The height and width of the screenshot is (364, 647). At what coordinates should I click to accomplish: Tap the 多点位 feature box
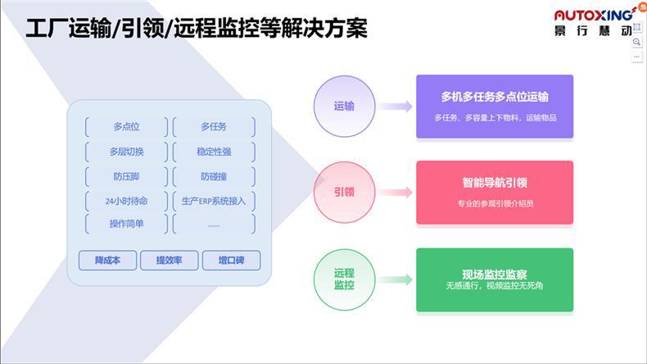126,127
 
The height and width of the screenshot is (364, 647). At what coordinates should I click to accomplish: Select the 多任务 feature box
214,127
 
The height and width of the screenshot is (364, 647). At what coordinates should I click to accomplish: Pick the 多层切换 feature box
126,152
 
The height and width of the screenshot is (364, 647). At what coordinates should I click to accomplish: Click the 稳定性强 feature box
214,152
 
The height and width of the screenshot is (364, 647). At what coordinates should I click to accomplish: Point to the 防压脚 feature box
126,176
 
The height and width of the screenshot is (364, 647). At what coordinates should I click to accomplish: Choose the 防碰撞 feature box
214,176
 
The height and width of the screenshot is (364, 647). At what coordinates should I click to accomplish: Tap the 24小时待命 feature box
126,200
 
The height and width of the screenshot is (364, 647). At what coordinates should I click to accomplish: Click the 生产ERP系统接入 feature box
214,200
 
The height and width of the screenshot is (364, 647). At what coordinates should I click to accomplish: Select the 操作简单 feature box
126,224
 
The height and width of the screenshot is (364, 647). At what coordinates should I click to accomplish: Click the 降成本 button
107,261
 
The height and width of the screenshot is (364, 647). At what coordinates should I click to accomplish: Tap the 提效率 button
170,261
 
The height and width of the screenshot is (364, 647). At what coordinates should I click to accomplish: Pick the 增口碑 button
231,261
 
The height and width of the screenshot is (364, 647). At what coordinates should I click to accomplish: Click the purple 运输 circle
344,106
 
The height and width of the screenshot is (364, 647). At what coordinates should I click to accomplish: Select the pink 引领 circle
344,192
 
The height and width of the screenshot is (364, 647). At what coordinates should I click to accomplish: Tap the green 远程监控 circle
344,279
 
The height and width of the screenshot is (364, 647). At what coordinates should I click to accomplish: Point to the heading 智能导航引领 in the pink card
495,184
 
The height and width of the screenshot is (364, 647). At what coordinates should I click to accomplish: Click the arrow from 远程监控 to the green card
395,280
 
